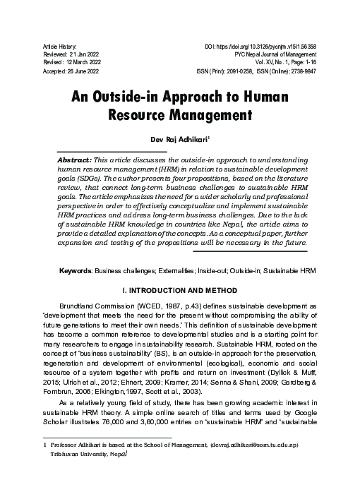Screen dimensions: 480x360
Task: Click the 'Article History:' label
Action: click(x=59, y=45)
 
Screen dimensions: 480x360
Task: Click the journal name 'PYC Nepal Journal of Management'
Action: click(x=275, y=54)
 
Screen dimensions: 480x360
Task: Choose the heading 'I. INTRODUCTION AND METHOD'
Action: click(x=180, y=270)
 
